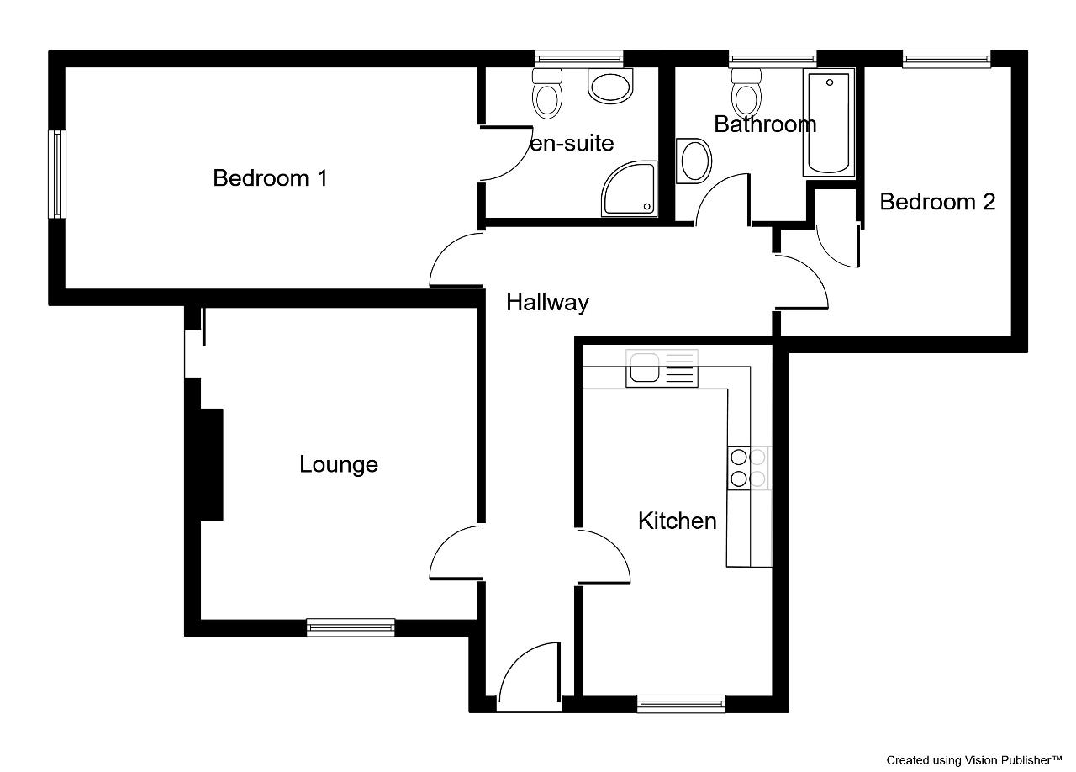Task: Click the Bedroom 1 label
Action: [x=271, y=178]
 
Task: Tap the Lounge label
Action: [x=339, y=465]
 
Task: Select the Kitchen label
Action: [x=678, y=521]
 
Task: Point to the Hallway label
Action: [x=547, y=303]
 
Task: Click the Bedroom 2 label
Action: [x=937, y=202]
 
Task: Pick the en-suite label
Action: [x=572, y=143]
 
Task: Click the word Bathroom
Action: [x=765, y=124]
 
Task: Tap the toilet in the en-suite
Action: [x=547, y=93]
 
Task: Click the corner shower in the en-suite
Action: [x=629, y=189]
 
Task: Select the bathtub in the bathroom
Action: [x=829, y=123]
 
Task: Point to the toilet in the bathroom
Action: [x=746, y=93]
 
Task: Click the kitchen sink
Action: [x=662, y=368]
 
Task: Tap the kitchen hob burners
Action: [x=748, y=468]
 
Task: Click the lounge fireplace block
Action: [x=211, y=465]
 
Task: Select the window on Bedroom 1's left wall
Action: [x=57, y=174]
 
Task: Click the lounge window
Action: [x=351, y=628]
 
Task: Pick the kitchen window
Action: [x=681, y=704]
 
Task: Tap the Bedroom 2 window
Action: [x=947, y=59]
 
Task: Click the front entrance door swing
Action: [x=530, y=677]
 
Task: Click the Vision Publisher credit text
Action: [x=974, y=760]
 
